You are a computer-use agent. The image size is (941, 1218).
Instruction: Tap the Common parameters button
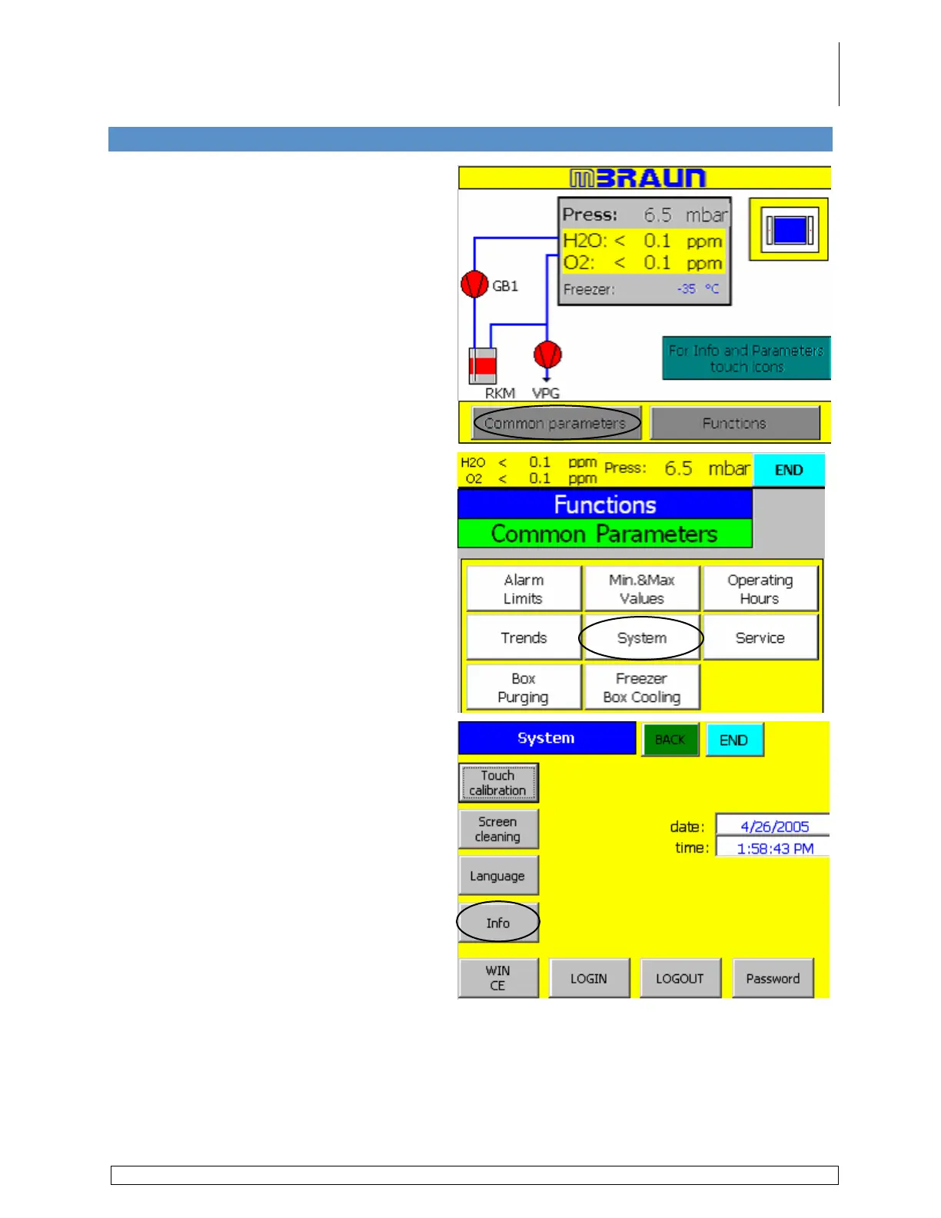click(x=556, y=423)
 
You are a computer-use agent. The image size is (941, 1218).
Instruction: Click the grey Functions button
click(x=734, y=423)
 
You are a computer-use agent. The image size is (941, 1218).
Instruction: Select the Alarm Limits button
click(x=524, y=589)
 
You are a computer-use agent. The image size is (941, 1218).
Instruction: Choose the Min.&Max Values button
click(x=642, y=589)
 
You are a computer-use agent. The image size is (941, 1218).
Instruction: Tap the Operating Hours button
click(x=760, y=589)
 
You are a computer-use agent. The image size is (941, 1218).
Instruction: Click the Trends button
click(x=524, y=637)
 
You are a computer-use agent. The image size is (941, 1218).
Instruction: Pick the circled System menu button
click(x=642, y=637)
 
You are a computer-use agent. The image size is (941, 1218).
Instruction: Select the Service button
click(x=760, y=637)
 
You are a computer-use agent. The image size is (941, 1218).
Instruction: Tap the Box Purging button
click(x=524, y=687)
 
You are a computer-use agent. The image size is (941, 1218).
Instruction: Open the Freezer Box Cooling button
click(x=642, y=687)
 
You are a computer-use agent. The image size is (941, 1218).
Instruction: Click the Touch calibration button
click(x=498, y=783)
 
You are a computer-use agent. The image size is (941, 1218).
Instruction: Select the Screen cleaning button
click(x=498, y=829)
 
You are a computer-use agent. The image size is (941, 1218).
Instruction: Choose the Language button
click(x=498, y=876)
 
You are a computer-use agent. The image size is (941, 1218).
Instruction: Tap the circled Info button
click(x=498, y=923)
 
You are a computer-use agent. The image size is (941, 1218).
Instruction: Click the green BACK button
click(x=670, y=740)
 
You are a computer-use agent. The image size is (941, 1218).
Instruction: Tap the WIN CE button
click(x=498, y=978)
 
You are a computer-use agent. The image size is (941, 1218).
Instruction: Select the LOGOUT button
click(x=680, y=978)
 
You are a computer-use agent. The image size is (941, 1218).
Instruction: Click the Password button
click(x=773, y=978)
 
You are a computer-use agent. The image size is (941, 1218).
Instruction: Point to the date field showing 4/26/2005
click(x=773, y=827)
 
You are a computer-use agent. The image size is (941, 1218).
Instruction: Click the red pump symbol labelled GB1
click(x=474, y=285)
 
